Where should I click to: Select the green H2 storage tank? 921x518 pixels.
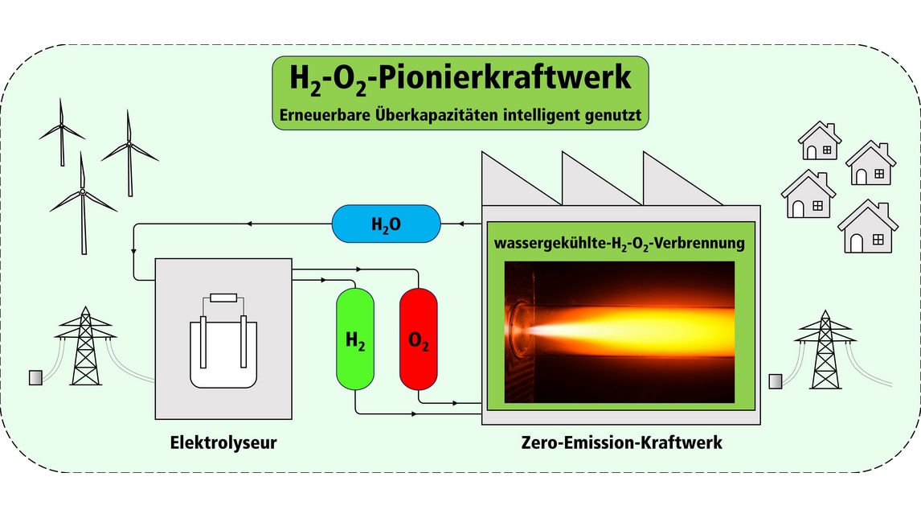pos(355,338)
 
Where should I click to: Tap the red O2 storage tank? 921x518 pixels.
pos(418,338)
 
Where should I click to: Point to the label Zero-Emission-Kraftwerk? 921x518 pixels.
pos(621,442)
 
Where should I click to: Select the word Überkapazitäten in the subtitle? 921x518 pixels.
pos(424,115)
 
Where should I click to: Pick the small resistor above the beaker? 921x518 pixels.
pos(223,299)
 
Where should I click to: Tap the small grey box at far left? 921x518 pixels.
pos(35,376)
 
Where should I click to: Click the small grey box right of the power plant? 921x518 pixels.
pos(776,380)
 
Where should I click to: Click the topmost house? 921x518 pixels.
pos(819,142)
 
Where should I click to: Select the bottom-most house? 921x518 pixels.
pos(867,228)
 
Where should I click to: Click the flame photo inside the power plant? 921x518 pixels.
pos(619,331)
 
